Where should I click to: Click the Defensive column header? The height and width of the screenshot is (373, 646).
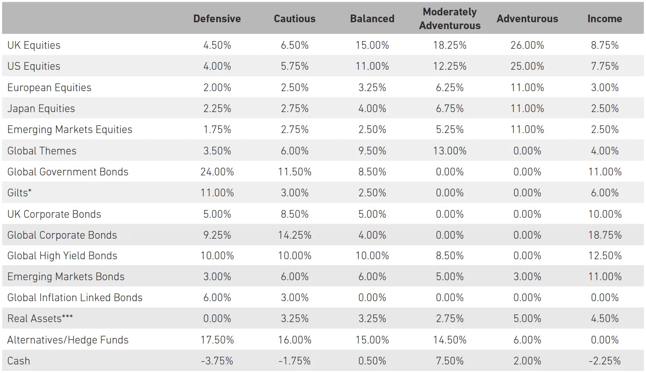click(x=217, y=19)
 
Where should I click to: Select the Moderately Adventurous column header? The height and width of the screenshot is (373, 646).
click(x=449, y=19)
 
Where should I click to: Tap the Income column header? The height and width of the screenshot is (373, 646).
click(x=604, y=19)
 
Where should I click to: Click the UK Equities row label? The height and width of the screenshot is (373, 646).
click(x=34, y=45)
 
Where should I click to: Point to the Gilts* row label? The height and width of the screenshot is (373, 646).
click(x=19, y=193)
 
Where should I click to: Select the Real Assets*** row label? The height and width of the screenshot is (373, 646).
click(x=40, y=319)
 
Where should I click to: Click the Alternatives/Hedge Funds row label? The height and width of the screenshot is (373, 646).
click(x=68, y=340)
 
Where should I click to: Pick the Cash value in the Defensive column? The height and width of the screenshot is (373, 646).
click(x=217, y=361)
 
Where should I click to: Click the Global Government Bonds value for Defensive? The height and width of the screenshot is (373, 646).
click(x=217, y=172)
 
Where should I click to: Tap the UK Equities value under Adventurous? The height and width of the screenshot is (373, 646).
click(x=527, y=45)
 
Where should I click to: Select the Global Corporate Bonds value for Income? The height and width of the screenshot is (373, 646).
click(x=604, y=235)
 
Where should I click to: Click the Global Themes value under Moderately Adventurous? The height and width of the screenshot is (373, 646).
click(x=449, y=151)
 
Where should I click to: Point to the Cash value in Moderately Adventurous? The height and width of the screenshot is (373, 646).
click(x=449, y=361)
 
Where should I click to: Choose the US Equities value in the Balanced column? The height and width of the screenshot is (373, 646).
click(x=372, y=66)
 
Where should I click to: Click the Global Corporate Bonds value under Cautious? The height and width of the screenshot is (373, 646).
click(x=294, y=235)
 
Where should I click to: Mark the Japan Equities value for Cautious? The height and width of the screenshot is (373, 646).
click(x=294, y=109)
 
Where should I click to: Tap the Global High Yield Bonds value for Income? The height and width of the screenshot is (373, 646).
click(x=604, y=256)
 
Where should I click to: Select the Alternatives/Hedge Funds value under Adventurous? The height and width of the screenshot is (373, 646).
click(x=527, y=340)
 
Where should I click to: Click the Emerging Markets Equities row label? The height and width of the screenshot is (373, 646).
click(x=70, y=130)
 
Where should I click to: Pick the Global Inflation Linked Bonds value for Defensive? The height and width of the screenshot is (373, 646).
click(x=217, y=298)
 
